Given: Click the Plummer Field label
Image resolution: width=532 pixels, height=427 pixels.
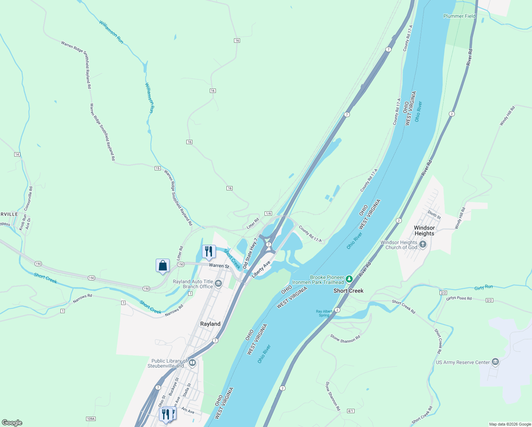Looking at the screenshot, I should (x=459, y=16).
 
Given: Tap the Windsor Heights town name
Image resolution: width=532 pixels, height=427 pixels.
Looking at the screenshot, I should (x=424, y=231).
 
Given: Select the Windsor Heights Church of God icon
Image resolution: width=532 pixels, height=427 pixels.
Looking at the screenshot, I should (x=423, y=244).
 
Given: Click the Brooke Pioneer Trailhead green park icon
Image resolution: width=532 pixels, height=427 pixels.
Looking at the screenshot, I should (x=349, y=279).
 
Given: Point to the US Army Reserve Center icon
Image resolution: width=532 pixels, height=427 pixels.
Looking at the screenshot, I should (x=495, y=362).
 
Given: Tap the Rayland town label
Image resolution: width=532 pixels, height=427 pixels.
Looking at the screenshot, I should (x=210, y=324).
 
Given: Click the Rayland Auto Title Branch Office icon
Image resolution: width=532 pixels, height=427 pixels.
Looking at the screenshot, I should (x=218, y=284).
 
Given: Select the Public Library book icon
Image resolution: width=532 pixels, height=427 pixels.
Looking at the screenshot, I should (x=192, y=363).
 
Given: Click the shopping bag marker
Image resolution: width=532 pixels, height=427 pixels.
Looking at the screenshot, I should (x=163, y=266).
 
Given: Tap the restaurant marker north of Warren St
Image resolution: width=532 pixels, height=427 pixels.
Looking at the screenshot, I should (x=209, y=252).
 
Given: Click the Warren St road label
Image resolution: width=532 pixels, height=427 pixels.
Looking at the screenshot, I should (x=219, y=266).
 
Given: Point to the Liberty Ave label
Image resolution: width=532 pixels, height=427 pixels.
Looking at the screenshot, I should (x=261, y=269).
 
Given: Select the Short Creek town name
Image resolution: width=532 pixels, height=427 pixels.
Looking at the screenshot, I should (x=348, y=291).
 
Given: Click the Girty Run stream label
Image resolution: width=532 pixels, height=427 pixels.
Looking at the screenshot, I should (x=484, y=288).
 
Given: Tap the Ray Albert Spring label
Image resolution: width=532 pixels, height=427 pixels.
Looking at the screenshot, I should (x=324, y=313).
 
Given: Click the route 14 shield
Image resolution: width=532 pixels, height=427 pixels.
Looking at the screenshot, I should (x=17, y=154).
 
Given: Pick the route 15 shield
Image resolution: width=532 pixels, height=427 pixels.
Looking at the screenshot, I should (x=158, y=168).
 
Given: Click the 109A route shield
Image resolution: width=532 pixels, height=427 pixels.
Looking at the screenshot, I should (x=91, y=419).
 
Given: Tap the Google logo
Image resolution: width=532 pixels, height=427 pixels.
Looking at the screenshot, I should (x=12, y=423).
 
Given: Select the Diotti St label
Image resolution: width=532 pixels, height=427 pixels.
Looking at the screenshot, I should (x=434, y=215).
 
